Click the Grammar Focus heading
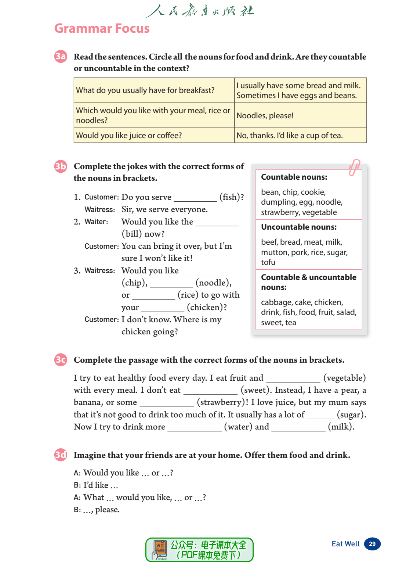click(102, 28)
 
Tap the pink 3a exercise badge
click(61, 56)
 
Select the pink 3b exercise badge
click(61, 166)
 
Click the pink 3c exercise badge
click(61, 359)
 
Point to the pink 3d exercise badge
click(61, 455)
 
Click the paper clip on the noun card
click(354, 167)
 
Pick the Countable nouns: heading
click(294, 177)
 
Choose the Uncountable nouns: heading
click(299, 227)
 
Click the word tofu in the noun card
click(268, 262)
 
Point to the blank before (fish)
click(195, 198)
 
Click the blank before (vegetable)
click(293, 379)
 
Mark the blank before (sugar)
click(320, 416)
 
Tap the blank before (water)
click(194, 428)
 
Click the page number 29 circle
click(372, 544)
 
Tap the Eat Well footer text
click(345, 544)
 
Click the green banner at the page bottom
click(199, 550)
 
